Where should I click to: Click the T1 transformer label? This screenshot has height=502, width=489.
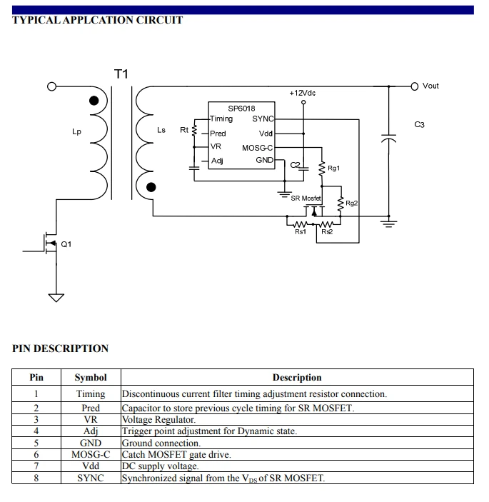click(x=121, y=74)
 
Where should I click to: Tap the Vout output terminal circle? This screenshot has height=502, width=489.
click(x=415, y=86)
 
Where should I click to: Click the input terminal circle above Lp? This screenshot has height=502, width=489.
click(x=51, y=86)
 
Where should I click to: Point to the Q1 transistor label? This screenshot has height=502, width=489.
click(x=66, y=244)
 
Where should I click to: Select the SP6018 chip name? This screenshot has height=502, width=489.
click(x=241, y=109)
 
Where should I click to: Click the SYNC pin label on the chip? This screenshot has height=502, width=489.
click(x=263, y=119)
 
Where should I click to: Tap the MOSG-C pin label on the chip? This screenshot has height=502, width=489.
click(x=257, y=148)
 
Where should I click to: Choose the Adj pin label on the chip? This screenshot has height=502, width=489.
click(x=217, y=161)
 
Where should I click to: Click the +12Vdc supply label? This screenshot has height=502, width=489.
click(x=303, y=93)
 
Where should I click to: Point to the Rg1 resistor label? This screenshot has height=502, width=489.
click(x=334, y=168)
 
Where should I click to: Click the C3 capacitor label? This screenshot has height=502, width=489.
click(x=419, y=124)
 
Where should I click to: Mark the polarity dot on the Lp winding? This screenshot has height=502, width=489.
click(x=94, y=101)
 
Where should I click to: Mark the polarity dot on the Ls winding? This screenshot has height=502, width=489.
click(x=151, y=187)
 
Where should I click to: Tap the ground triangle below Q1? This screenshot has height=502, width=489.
click(x=56, y=298)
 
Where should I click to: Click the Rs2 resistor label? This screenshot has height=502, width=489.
click(x=327, y=232)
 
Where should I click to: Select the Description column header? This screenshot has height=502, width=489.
click(x=297, y=378)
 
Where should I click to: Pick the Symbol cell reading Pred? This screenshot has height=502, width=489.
click(x=91, y=408)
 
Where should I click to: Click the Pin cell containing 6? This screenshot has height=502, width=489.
click(x=36, y=455)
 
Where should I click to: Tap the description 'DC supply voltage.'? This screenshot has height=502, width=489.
click(x=161, y=466)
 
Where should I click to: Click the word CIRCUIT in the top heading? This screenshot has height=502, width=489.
click(x=159, y=20)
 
